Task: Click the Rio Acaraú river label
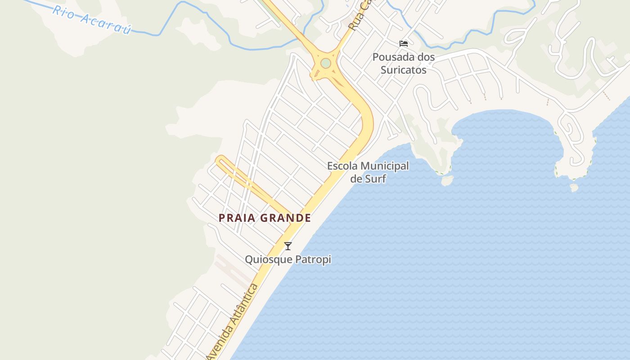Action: [x=92, y=20]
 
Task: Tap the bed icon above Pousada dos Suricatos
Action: [x=404, y=44]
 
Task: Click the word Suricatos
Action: [x=403, y=70]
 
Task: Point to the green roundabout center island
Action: [x=325, y=63]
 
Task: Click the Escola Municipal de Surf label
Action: [x=368, y=172]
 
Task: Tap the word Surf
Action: [x=375, y=179]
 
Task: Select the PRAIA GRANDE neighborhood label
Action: [x=265, y=218]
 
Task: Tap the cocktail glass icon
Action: [x=288, y=246]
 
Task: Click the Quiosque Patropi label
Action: [x=288, y=260]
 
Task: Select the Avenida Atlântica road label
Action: [x=233, y=322]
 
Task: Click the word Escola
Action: [x=343, y=166]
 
